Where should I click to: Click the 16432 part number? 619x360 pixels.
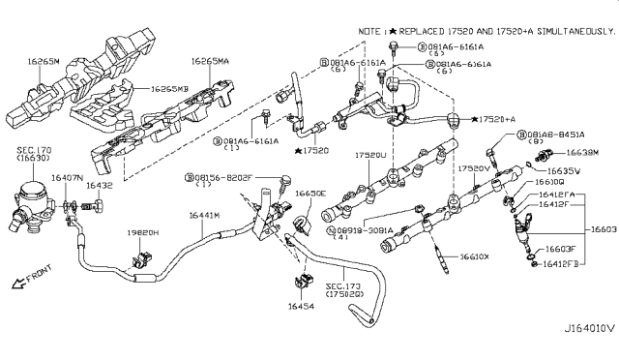coord(100,184)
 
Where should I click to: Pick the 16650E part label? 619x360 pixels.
coord(311,194)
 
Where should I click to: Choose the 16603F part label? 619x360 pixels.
coord(558,249)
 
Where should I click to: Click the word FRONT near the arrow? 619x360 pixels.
coord(40,281)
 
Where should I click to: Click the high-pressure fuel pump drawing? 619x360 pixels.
coord(31,198)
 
